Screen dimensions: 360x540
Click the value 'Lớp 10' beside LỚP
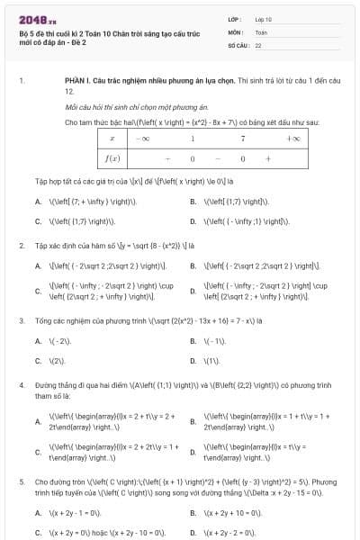point(263,19)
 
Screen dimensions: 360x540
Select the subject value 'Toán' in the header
point(260,31)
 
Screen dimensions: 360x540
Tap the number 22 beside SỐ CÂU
point(258,44)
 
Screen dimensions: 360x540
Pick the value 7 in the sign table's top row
point(243,139)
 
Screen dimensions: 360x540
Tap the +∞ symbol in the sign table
point(293,139)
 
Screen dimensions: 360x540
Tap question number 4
point(22,384)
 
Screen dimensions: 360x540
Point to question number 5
point(22,482)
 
